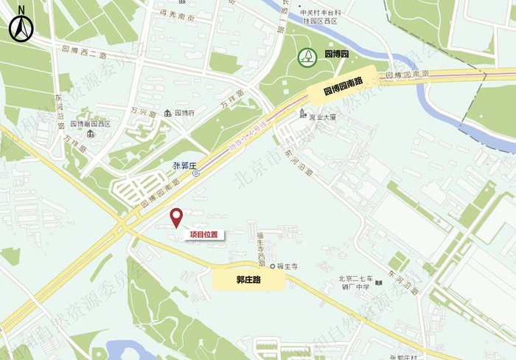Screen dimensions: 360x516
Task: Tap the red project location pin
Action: coord(176,218)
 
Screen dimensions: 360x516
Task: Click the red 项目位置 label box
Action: coord(203,235)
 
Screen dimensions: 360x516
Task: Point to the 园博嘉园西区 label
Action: coord(91,124)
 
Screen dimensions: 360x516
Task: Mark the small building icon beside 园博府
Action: coord(168,113)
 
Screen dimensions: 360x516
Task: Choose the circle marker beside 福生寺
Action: coord(272,266)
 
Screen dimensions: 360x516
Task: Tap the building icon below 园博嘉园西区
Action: coord(90,134)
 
